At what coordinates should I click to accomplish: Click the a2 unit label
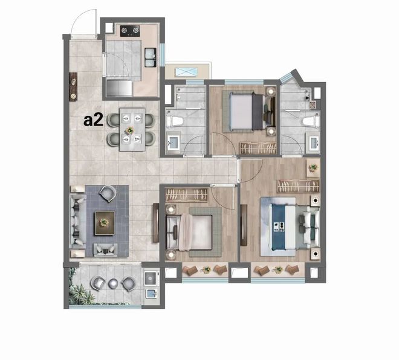point(93,120)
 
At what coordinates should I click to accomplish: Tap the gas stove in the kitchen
point(130,31)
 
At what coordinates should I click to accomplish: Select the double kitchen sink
point(150,57)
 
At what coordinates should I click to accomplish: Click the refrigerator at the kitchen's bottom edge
point(119,88)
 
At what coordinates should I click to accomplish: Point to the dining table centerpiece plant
point(130,130)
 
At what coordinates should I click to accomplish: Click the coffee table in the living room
point(105,223)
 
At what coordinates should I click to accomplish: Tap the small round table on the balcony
point(112,283)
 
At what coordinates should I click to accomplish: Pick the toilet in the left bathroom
point(175,121)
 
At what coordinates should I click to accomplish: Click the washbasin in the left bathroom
point(174,143)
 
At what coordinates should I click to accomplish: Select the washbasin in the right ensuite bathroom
point(314,143)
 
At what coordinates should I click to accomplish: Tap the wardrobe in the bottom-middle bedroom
point(187,194)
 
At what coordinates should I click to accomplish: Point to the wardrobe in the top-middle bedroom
point(258,148)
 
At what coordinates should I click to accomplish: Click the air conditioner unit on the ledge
point(186,71)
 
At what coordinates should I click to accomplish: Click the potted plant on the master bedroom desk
point(313,167)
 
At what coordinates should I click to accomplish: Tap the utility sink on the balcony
point(151,294)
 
